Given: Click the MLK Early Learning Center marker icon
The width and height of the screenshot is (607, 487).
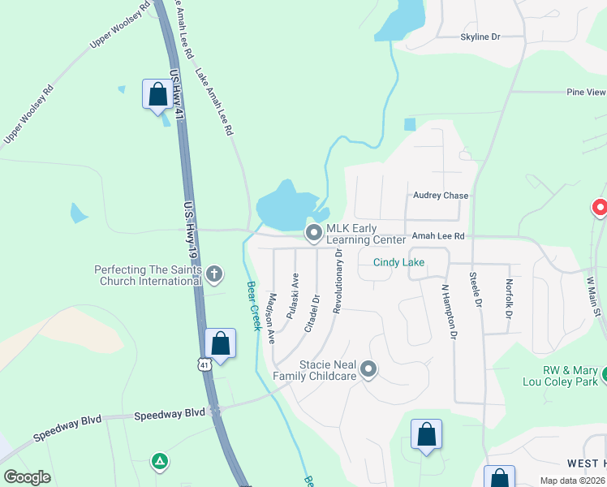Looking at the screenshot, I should pos(314,233).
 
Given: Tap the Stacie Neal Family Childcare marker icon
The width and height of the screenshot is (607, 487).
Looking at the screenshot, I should pos(368,370).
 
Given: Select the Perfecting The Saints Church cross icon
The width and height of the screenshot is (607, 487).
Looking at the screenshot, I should pos(214,274).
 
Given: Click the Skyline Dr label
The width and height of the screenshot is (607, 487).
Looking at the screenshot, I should pos(480,37).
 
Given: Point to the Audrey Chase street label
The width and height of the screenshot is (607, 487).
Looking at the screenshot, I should pos(441,196).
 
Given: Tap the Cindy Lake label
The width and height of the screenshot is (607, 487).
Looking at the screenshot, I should pos(398,262).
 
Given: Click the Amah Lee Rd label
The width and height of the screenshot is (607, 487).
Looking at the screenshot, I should pos(438,236).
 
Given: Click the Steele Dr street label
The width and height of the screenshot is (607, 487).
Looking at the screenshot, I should pos(476,291).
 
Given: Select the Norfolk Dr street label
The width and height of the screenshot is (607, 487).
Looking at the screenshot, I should pos(509,297).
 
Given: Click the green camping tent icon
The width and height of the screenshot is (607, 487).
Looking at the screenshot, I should pos(160,463).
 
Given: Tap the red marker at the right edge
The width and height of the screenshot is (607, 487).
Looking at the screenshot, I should pos(600,209).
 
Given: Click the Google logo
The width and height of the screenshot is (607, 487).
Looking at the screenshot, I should pos(27,477).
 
